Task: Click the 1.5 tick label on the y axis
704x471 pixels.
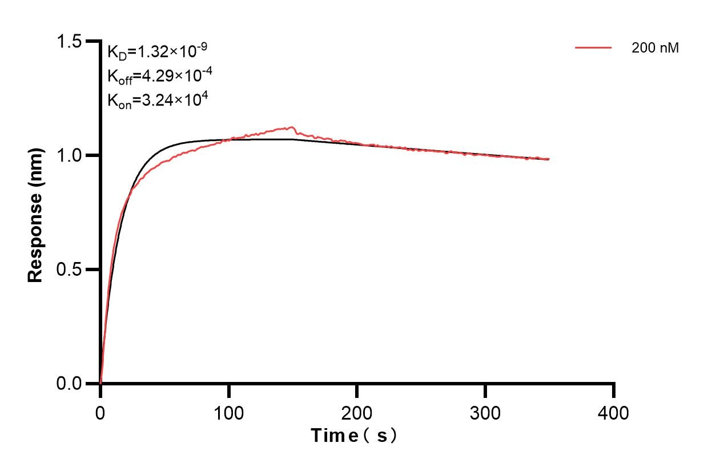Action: point(69,42)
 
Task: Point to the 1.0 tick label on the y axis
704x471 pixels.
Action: point(69,155)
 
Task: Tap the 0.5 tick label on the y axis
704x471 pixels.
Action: point(69,269)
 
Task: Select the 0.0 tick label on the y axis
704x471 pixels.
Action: point(69,384)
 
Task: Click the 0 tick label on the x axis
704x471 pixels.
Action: point(100,412)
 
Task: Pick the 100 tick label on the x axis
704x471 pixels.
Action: point(229,412)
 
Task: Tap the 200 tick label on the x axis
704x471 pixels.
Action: point(357,412)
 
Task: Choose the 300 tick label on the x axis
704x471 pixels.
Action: point(485,412)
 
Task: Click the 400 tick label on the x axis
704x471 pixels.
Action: point(614,412)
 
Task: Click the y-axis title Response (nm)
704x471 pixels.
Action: point(35,212)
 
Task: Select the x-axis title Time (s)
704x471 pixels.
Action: point(353,436)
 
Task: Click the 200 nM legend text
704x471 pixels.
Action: point(655,49)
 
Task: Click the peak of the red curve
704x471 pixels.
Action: point(292,127)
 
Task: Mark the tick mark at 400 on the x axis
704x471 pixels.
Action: point(614,390)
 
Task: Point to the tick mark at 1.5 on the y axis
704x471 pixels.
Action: point(92,42)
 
